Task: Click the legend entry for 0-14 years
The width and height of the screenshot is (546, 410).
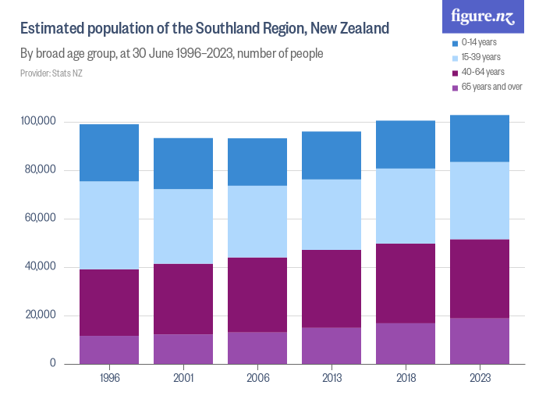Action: [x=479, y=42]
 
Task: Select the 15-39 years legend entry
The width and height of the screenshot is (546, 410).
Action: [x=480, y=57]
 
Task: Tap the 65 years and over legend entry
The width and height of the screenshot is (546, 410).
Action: [x=491, y=87]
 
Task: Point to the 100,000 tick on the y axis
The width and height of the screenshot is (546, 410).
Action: [x=38, y=122]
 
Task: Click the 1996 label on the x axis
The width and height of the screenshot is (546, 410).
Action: [x=109, y=377]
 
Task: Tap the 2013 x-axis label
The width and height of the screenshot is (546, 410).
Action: [x=331, y=377]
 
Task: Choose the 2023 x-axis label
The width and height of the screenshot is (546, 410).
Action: [x=480, y=377]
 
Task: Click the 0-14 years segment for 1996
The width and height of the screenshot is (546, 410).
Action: [x=109, y=153]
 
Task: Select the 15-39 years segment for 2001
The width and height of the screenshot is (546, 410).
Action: [x=183, y=226]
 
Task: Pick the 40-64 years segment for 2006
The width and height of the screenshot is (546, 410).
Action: [x=257, y=294]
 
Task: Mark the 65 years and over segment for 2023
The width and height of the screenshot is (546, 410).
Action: [x=480, y=340]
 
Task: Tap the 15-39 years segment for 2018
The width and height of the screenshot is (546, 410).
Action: [x=406, y=206]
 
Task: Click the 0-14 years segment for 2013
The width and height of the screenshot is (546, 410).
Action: [x=331, y=155]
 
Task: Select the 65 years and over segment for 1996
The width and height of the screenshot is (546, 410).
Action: [x=109, y=350]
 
